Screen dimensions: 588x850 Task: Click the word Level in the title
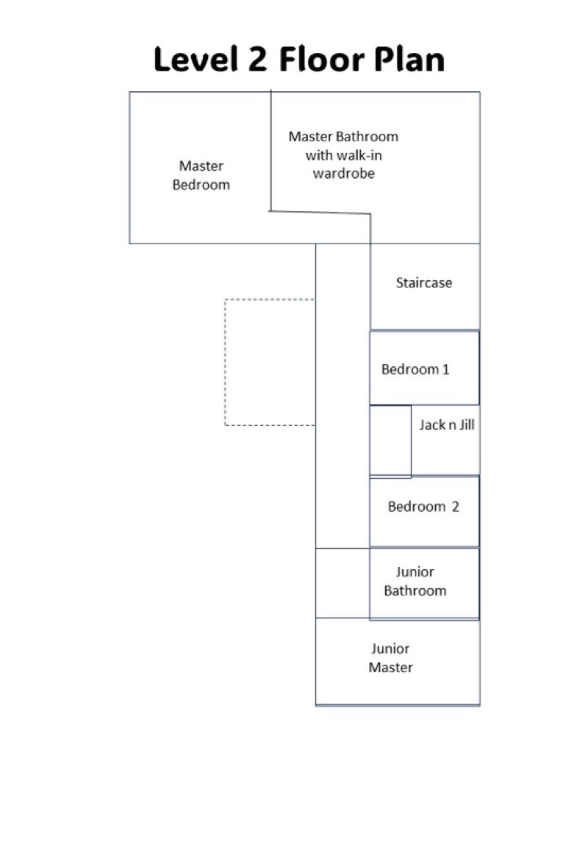tap(196, 59)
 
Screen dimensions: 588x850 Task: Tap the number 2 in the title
tap(257, 59)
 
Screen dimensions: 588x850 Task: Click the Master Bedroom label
tap(201, 175)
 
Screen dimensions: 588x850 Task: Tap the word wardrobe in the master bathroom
tap(343, 174)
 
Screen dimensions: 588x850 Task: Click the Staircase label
tap(424, 282)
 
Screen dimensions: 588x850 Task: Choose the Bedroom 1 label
tap(415, 369)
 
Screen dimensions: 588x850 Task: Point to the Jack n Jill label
tap(447, 424)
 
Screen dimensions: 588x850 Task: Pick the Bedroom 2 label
tap(423, 507)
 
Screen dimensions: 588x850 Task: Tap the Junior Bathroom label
tap(415, 581)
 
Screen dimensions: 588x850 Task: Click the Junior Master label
tap(390, 658)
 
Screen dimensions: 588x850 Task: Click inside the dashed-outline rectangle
tap(270, 362)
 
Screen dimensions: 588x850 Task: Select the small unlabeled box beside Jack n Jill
tap(390, 440)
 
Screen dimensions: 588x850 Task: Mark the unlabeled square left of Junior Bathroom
tap(343, 583)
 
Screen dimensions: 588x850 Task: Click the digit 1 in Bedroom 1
tap(446, 369)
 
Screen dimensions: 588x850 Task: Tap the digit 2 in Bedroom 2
tap(455, 507)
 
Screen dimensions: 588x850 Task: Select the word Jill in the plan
tap(467, 424)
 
